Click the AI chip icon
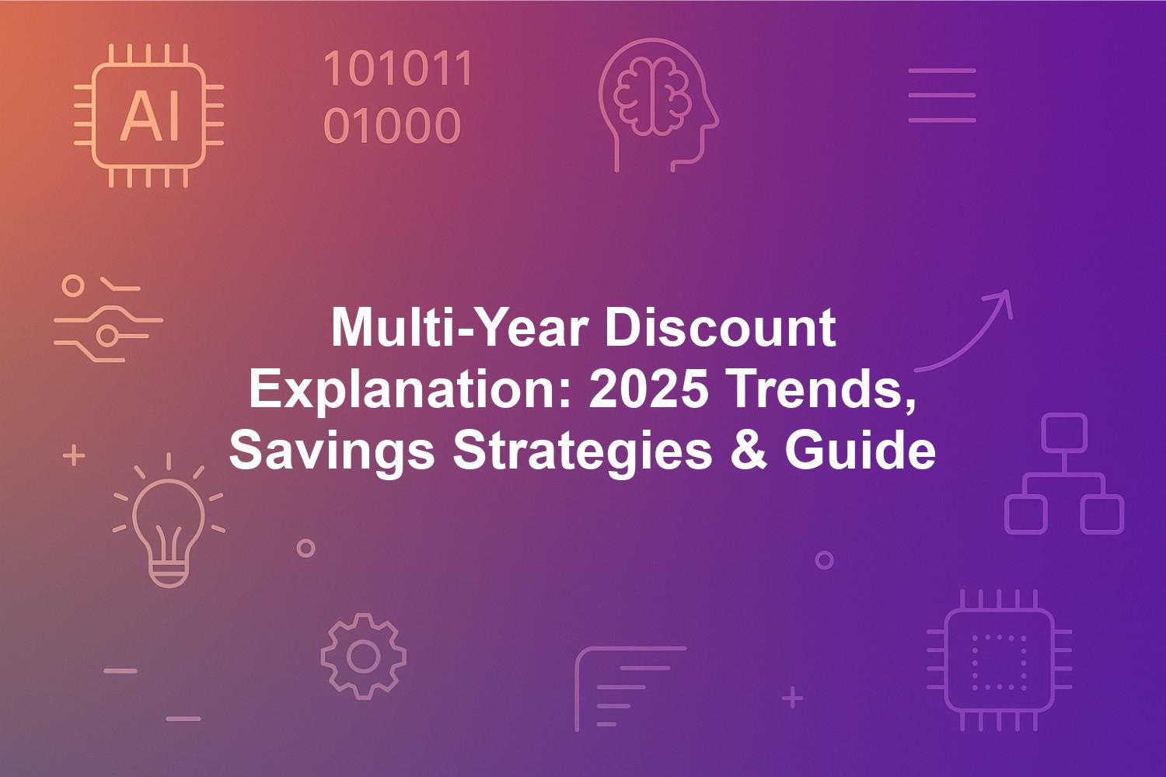pos(149,116)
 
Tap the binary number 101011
pos(398,68)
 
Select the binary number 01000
pos(392,125)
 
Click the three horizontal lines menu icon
pos(942,96)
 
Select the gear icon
pos(363,657)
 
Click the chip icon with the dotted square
pos(1000,660)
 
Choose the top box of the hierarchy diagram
pos(1064,433)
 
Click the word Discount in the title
pos(721,329)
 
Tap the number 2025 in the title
pos(648,388)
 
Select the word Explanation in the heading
pos(410,391)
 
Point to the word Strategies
pos(582,451)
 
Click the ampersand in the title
pos(749,449)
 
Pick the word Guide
pos(860,449)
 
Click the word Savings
pos(332,451)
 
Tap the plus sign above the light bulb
pos(74,455)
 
